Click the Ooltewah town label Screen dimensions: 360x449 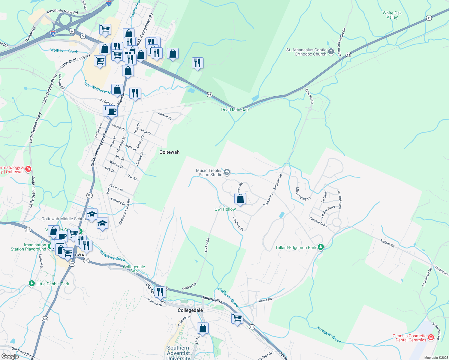(169, 152)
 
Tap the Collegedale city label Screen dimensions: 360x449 (190, 310)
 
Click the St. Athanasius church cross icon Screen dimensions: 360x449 (331, 52)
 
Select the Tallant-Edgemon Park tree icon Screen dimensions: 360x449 (321, 247)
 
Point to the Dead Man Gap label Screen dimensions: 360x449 (235, 109)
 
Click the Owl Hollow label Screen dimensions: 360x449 (225, 209)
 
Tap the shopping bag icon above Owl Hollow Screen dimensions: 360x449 (240, 199)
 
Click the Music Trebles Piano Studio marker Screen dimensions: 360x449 (227, 172)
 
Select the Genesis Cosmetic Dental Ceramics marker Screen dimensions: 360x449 (431, 337)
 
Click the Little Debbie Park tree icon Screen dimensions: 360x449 (32, 283)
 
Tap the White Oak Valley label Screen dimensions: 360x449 (392, 15)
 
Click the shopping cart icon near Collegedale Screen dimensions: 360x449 (237, 318)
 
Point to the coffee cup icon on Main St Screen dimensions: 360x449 (112, 111)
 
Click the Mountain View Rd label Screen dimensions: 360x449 (62, 12)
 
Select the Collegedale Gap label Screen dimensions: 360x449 (134, 269)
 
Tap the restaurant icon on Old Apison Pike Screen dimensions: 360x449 (160, 292)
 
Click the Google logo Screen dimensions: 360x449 (10, 356)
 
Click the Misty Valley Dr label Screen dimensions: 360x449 (303, 194)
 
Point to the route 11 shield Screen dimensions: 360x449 (429, 18)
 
